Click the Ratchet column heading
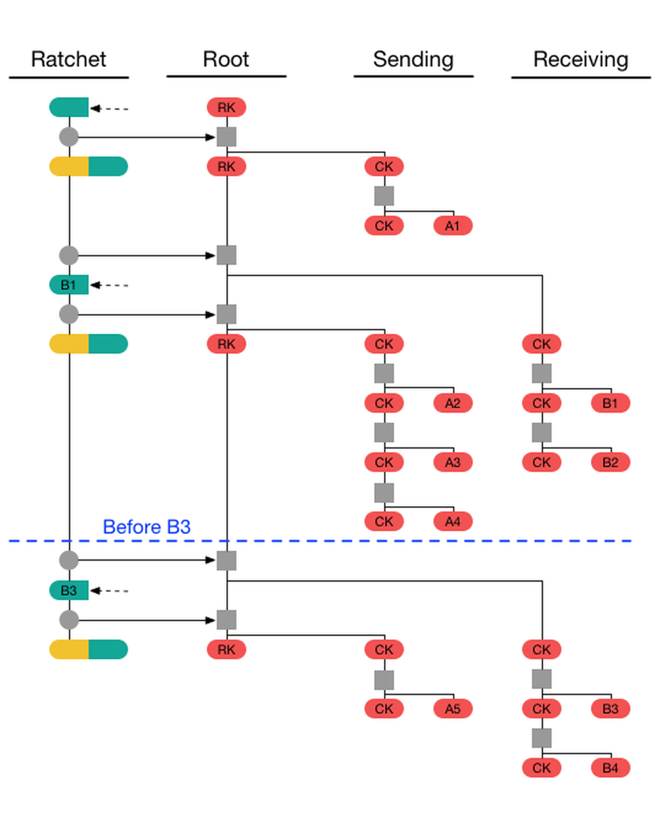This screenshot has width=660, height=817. coord(68,59)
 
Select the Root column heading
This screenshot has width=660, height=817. coord(226,59)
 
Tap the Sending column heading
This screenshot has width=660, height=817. coord(413,60)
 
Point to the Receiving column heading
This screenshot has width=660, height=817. coord(581,60)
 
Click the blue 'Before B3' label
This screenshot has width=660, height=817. coord(147,527)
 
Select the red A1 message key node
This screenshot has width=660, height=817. coord(453,226)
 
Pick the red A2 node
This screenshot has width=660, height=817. coord(453,403)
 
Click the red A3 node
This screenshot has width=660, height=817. coord(453,462)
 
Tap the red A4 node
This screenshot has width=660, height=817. coord(453,522)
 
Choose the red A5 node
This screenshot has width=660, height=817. coord(453,709)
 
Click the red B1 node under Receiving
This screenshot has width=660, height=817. coord(610,403)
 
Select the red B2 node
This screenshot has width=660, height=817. coord(610,462)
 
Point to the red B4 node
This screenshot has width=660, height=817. coord(610,768)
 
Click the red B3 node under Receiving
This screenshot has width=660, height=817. coord(610,709)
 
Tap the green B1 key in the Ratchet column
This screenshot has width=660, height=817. coord(69,285)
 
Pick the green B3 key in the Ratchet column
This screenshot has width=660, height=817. coord(69,590)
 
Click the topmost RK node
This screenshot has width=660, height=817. coord(226,107)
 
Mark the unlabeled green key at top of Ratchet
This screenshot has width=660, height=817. coord(69,107)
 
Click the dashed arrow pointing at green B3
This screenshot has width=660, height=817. coord(109,591)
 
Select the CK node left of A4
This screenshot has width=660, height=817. coord(384,522)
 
